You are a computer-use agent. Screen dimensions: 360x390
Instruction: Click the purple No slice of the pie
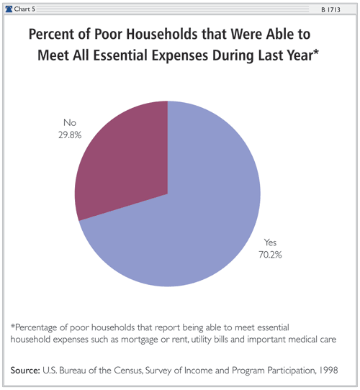(x=127, y=159)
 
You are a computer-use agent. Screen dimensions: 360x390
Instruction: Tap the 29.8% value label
(x=70, y=135)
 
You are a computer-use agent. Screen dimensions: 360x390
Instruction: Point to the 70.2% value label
(x=270, y=255)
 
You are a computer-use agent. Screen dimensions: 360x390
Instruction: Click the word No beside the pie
(x=70, y=122)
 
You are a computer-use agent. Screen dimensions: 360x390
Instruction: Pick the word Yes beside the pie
(x=270, y=242)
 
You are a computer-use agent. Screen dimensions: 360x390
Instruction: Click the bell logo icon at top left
(x=9, y=9)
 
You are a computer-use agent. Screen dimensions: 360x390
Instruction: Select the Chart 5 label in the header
(x=24, y=9)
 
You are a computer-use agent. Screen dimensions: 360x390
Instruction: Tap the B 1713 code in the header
(x=330, y=9)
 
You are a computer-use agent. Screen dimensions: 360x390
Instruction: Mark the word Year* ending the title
(x=302, y=55)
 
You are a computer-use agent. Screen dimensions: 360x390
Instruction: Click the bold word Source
(x=25, y=371)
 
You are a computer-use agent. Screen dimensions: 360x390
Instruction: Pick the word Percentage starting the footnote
(x=34, y=327)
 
